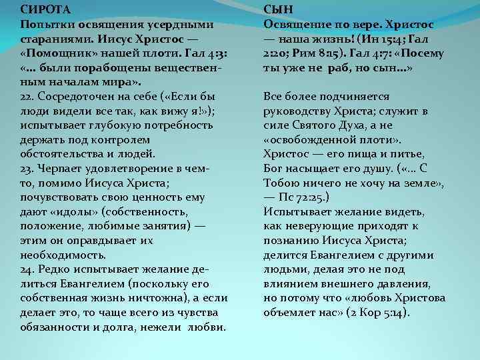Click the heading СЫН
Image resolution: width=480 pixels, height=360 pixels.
(281, 10)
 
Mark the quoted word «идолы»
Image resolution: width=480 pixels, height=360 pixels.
(73, 211)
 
